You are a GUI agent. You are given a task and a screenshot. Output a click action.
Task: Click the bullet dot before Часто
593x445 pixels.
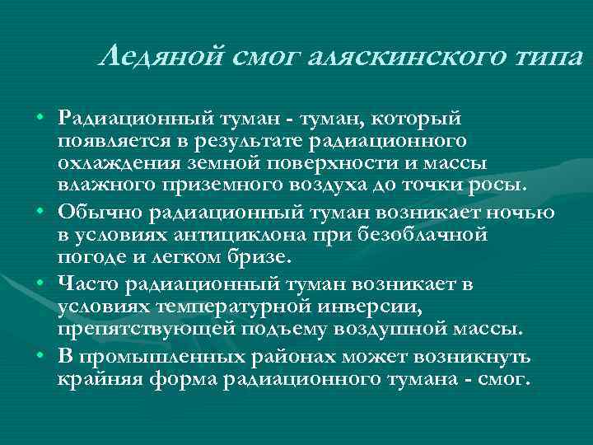click(x=40, y=286)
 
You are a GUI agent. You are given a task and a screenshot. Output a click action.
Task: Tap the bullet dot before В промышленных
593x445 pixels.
click(x=40, y=358)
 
